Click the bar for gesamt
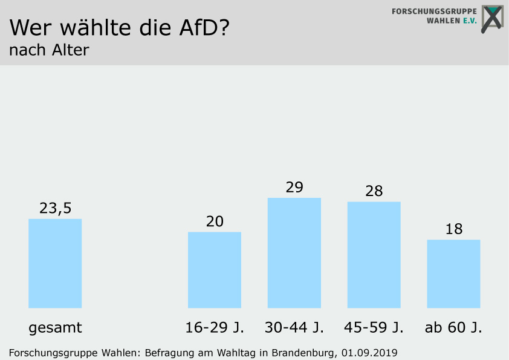click(x=55, y=263)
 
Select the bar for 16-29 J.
click(x=215, y=270)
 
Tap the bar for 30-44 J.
click(x=294, y=253)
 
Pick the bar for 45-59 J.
click(x=374, y=255)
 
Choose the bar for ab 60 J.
click(x=453, y=273)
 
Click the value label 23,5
click(x=55, y=208)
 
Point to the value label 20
click(x=215, y=221)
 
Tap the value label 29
click(x=294, y=187)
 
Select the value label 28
click(x=374, y=191)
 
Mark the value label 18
click(x=453, y=229)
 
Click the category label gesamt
click(x=55, y=329)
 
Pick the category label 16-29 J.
click(x=215, y=328)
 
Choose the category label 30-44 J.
click(x=294, y=328)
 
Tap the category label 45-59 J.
click(x=374, y=328)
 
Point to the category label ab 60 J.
click(x=453, y=328)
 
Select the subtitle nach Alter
click(x=49, y=50)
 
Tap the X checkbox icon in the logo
click(x=493, y=18)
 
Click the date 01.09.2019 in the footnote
click(x=369, y=352)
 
